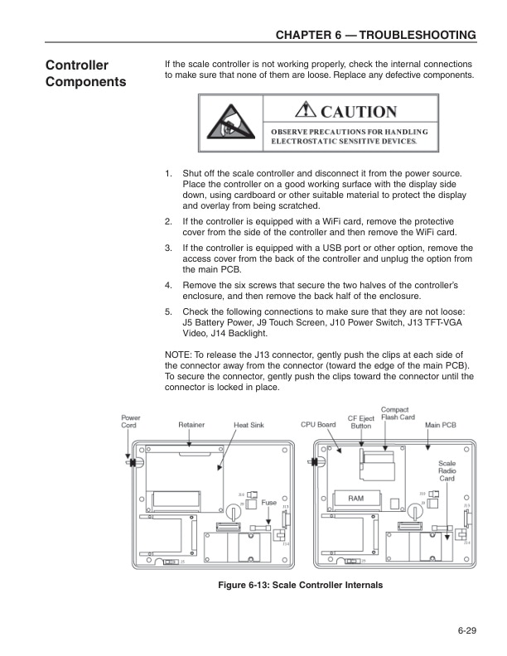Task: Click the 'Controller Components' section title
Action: pos(86,73)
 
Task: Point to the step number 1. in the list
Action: pos(169,174)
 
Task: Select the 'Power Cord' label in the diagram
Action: pos(130,422)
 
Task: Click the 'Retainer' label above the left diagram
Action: pos(191,425)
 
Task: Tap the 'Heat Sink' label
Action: pos(249,425)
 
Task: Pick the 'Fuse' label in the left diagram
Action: pos(268,502)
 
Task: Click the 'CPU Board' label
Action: pos(318,424)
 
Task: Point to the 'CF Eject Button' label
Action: pos(360,422)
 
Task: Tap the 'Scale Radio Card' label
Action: pos(447,470)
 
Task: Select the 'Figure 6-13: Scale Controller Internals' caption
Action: pos(300,586)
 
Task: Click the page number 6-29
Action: pos(466,634)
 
